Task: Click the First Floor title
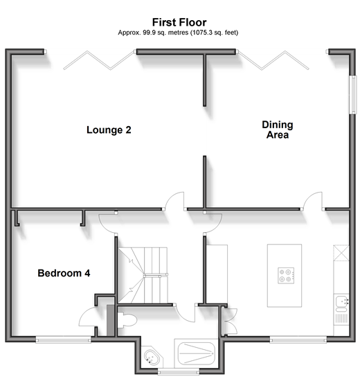[x=179, y=22]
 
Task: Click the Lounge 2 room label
[x=109, y=130]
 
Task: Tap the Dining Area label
[x=278, y=130]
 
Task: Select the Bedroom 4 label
[x=64, y=273]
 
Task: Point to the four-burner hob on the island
[x=286, y=276]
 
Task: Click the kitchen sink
[x=341, y=302]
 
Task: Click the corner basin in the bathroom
[x=151, y=358]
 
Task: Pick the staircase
[x=143, y=275]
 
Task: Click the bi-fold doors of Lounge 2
[x=99, y=60]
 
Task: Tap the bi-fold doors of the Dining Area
[x=273, y=60]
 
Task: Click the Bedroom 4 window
[x=63, y=340]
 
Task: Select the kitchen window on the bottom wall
[x=298, y=340]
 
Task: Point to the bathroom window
[x=179, y=372]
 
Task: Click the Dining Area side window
[x=354, y=94]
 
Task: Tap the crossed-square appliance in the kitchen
[x=341, y=253]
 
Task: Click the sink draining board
[x=341, y=319]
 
